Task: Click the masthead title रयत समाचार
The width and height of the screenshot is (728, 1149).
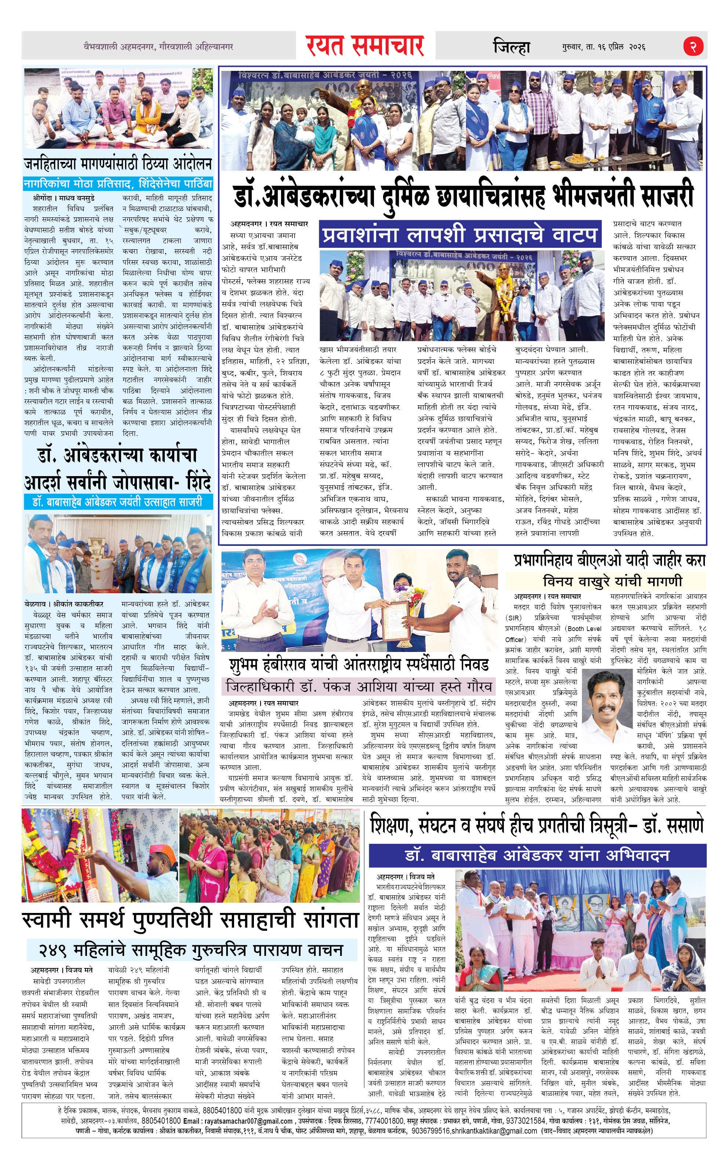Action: (x=365, y=46)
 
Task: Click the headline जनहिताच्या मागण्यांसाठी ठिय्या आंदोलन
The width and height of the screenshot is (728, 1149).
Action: (x=118, y=164)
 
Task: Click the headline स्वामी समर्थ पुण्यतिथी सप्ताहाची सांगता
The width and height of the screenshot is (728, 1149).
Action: (x=190, y=919)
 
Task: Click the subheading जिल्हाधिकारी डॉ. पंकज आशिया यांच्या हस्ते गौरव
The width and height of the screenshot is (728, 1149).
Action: (x=359, y=686)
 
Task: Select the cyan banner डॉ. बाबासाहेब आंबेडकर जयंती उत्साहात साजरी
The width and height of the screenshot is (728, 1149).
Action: (x=118, y=502)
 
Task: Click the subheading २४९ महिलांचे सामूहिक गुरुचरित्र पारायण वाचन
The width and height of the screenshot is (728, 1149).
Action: (x=191, y=950)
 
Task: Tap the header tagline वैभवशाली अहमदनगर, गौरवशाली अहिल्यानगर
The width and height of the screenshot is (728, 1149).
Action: (x=158, y=47)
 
